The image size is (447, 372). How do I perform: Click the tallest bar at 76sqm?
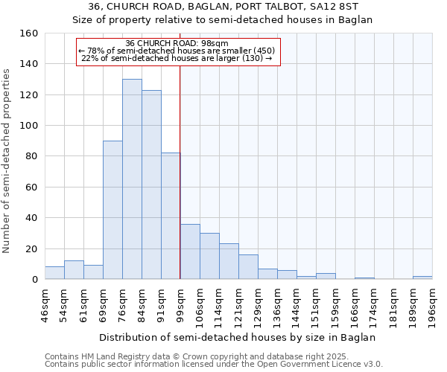point(132,179)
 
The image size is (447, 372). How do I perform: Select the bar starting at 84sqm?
point(151,185)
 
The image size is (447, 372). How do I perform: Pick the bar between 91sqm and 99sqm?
point(171,216)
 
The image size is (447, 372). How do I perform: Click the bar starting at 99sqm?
point(190,251)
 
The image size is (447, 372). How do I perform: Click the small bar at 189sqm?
point(422,278)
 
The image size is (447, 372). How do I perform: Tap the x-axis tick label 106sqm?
point(200,304)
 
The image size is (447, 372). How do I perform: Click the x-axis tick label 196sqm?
point(432,304)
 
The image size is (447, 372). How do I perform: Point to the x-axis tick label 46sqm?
point(45,304)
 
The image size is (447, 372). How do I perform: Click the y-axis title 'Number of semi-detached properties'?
point(7,157)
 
